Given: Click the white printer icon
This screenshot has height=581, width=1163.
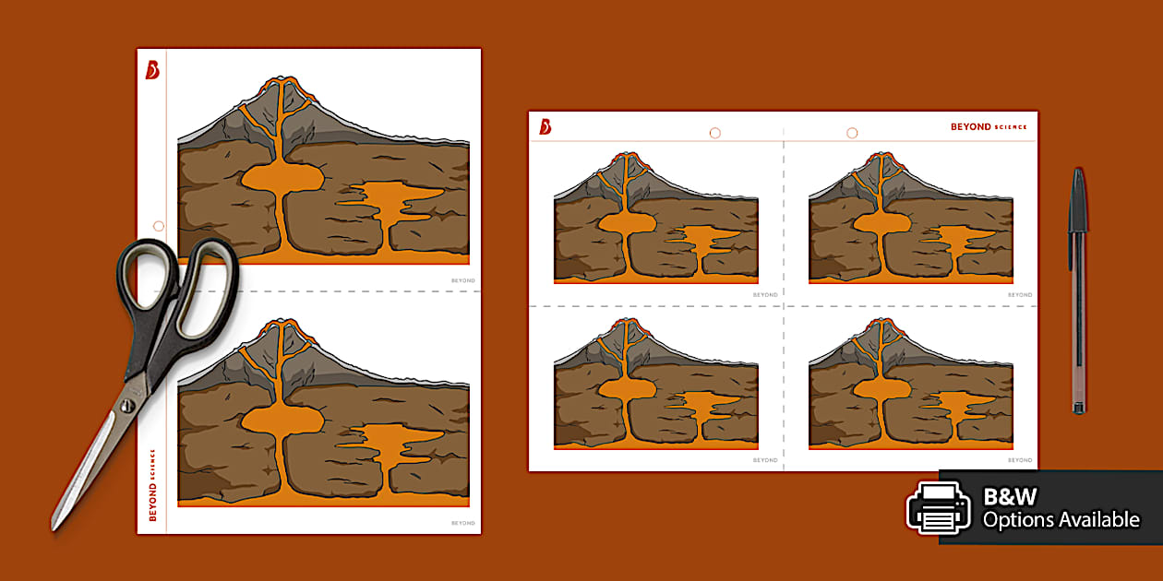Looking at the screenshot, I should pos(938,507).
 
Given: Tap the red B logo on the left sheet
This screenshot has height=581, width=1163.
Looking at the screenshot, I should pos(152,69).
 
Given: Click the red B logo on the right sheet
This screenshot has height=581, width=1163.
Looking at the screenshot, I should pos(546,126).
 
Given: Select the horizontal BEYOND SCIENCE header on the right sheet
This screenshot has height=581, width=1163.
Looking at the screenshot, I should pos(988,127).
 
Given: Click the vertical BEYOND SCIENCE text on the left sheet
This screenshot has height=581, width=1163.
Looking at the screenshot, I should pos(152,485).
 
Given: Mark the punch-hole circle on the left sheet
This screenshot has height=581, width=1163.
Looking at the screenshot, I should pos(159,226).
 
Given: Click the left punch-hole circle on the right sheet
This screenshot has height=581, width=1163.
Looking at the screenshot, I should pos(714,133).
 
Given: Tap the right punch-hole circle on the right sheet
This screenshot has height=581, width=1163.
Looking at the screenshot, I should pos(852,133).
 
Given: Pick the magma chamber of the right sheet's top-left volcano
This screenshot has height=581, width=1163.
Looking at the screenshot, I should pos(627,222).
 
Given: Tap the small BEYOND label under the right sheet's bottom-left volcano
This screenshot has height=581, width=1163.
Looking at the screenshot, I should pos(765,459).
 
